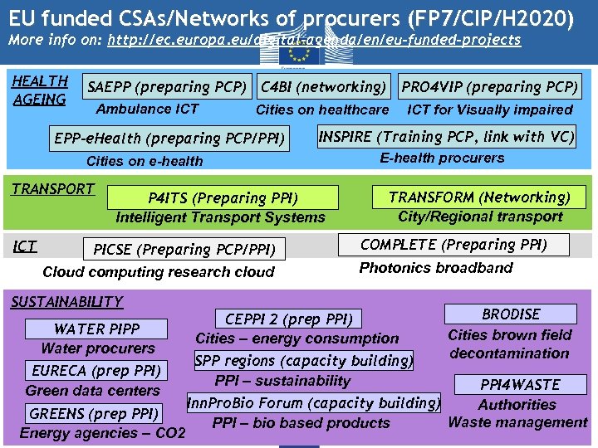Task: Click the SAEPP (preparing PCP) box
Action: click(167, 87)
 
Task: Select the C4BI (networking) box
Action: click(324, 87)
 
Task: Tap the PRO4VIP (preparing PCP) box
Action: click(490, 87)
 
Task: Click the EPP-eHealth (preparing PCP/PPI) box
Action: click(169, 139)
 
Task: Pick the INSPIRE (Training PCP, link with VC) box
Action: click(446, 137)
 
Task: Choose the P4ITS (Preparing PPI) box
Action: click(223, 197)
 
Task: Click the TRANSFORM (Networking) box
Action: click(480, 197)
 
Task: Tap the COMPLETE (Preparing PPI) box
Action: click(453, 245)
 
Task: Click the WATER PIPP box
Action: click(97, 329)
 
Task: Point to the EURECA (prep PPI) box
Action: click(96, 370)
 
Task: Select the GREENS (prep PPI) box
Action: click(94, 413)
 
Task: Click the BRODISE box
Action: click(511, 314)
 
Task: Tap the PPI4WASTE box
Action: click(520, 385)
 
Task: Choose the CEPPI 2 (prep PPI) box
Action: click(289, 319)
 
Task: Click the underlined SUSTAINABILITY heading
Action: click(66, 302)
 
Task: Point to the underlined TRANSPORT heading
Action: click(52, 188)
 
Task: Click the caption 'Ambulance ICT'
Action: click(148, 109)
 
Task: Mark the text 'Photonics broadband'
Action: click(436, 268)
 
